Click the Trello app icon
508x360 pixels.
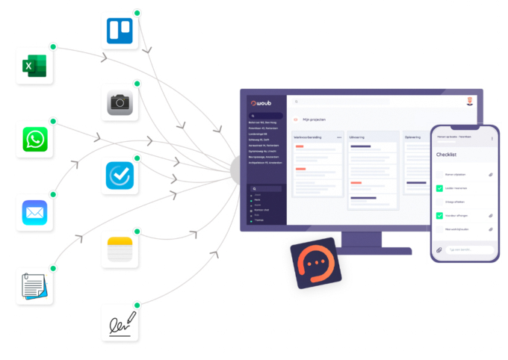tap(119, 30)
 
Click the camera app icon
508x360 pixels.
tap(119, 102)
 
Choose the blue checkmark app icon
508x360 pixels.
tap(119, 176)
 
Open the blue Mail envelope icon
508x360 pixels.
tap(34, 212)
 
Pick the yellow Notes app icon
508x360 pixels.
tap(119, 249)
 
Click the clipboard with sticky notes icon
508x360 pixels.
tap(34, 285)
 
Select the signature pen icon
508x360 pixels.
tap(119, 323)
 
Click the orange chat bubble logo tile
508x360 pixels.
tap(316, 263)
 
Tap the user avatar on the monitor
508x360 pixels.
tap(469, 101)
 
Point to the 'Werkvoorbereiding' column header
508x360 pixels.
tap(307, 137)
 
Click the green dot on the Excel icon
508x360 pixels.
tap(53, 47)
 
